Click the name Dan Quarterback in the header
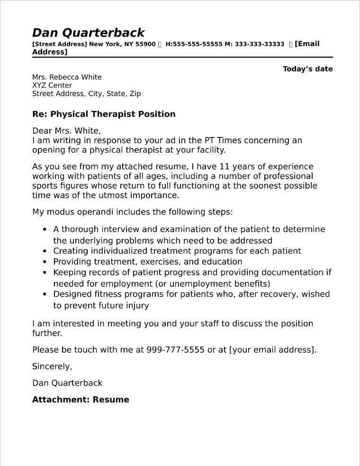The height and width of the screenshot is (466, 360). pyautogui.click(x=88, y=33)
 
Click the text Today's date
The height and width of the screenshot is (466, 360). pyautogui.click(x=307, y=69)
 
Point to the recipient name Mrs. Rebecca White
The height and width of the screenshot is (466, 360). pyautogui.click(x=67, y=77)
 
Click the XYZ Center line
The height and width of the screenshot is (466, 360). pyautogui.click(x=52, y=85)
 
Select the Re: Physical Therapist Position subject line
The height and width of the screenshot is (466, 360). pyautogui.click(x=104, y=114)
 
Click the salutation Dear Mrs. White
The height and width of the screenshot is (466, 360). pyautogui.click(x=66, y=131)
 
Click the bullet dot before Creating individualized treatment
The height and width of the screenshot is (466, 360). pyautogui.click(x=45, y=251)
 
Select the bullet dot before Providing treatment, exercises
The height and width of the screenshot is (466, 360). pyautogui.click(x=45, y=262)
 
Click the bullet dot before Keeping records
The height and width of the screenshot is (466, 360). pyautogui.click(x=45, y=273)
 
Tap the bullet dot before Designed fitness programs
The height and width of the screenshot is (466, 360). pyautogui.click(x=45, y=294)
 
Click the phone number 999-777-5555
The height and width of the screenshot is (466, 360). pyautogui.click(x=176, y=350)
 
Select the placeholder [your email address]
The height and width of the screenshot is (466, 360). pyautogui.click(x=271, y=350)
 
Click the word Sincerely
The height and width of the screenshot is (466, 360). pyautogui.click(x=52, y=366)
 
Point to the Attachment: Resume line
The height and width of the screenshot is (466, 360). pyautogui.click(x=81, y=400)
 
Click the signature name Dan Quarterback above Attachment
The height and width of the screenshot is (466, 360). pyautogui.click(x=67, y=383)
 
